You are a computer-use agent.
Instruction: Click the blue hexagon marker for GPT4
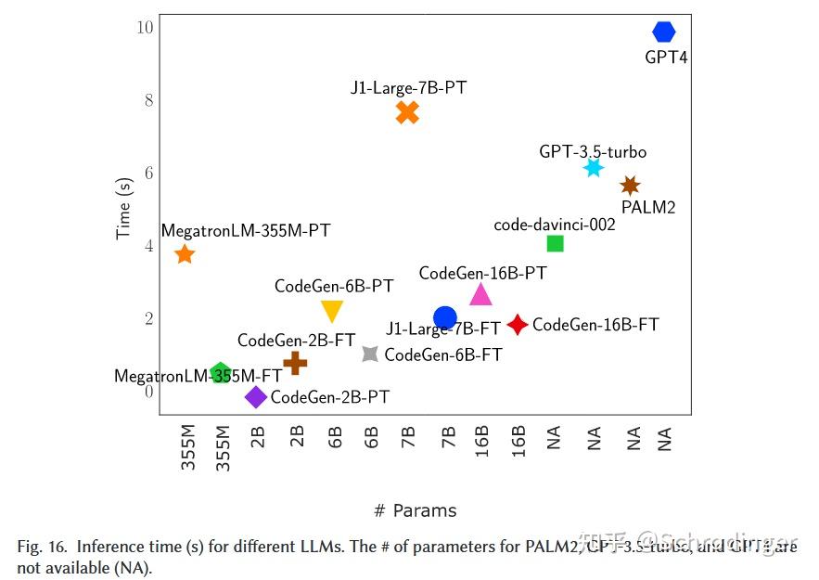coord(664,32)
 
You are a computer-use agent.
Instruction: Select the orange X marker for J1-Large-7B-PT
coord(407,112)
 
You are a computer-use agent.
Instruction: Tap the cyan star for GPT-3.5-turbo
coord(594,168)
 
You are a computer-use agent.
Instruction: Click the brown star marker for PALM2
coord(630,186)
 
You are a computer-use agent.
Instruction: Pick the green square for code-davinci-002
coord(556,244)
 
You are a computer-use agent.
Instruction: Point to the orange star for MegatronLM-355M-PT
coord(185,254)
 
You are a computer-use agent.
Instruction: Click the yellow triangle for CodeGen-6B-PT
coord(332,311)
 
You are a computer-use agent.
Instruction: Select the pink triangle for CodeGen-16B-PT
coord(480,294)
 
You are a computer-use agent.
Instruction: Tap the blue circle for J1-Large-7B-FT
coord(445,317)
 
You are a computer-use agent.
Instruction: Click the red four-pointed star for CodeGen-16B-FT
coord(518,324)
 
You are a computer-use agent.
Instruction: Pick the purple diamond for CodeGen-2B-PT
coord(256,397)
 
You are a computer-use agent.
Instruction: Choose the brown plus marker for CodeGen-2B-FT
coord(295,363)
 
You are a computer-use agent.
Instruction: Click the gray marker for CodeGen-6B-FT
coord(370,354)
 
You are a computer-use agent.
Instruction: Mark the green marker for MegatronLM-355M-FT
coord(220,374)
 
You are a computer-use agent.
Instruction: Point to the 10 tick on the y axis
coord(145,27)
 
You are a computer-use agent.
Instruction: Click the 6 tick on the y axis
coord(148,173)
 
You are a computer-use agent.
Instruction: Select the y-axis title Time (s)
coord(123,209)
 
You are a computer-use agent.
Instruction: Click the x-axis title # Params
coord(415,510)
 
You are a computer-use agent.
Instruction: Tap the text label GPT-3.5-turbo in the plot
coord(593,151)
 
